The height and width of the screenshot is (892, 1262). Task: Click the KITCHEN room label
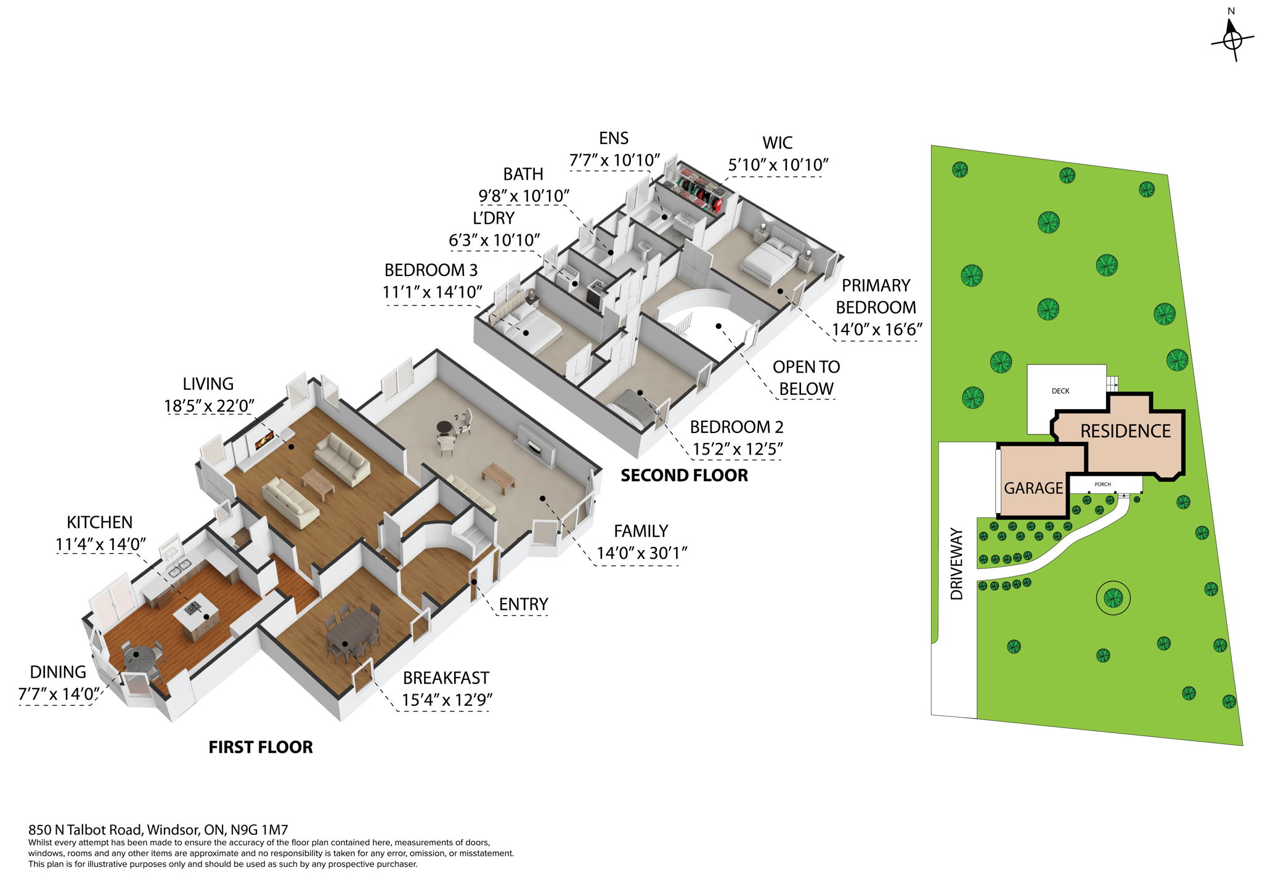click(99, 522)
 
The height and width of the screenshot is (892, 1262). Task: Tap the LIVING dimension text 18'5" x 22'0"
click(209, 407)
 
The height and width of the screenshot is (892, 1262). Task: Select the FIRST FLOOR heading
click(261, 747)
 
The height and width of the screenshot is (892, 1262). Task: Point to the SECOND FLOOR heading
click(684, 476)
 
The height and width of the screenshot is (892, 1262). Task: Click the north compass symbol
click(1232, 39)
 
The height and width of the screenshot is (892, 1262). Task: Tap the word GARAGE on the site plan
click(1033, 489)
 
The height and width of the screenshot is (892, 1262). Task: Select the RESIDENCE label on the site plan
click(1125, 431)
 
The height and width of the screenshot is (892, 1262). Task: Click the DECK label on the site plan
click(1060, 391)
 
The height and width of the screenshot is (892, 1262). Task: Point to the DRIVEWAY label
click(956, 563)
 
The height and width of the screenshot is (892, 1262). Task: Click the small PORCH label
click(1102, 484)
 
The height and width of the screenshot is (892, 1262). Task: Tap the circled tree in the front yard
click(1113, 597)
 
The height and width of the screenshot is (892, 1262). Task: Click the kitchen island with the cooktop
click(195, 614)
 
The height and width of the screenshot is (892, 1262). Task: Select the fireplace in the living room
click(264, 439)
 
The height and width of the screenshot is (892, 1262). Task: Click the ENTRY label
click(523, 604)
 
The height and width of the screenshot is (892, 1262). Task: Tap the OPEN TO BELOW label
click(806, 378)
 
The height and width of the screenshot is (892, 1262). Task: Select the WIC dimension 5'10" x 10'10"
click(778, 165)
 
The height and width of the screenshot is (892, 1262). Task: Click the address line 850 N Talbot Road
click(158, 830)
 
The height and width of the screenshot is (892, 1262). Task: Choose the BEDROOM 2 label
click(736, 427)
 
